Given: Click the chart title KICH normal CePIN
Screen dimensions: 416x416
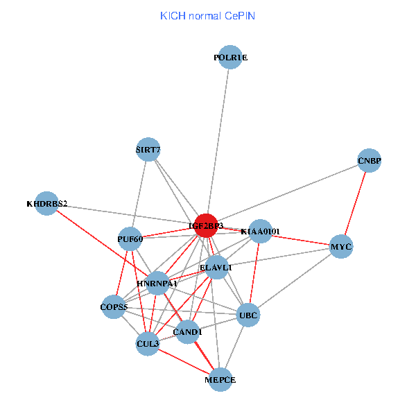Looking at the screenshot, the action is click(x=207, y=15).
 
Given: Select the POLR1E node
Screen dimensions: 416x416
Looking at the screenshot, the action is click(x=230, y=58).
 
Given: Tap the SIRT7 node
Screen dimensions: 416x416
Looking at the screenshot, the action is click(x=148, y=149).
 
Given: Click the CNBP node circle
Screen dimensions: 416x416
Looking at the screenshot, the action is click(x=370, y=161).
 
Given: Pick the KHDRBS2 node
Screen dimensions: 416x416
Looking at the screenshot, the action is click(x=46, y=203).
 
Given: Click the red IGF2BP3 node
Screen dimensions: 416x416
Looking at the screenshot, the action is click(x=206, y=225).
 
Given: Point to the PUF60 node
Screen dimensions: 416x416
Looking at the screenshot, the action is click(x=130, y=239).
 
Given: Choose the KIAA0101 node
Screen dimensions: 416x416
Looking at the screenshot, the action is click(x=260, y=231).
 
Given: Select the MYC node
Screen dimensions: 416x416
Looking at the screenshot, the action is click(x=341, y=247).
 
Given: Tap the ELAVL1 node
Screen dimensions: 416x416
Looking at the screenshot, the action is click(x=216, y=267).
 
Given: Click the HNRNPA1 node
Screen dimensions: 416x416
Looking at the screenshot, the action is click(x=157, y=283).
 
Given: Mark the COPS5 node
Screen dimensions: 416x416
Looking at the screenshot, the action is click(x=114, y=306).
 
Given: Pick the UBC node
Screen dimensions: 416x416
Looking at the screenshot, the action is click(x=248, y=315).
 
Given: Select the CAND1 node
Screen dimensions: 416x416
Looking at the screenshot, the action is click(x=187, y=331).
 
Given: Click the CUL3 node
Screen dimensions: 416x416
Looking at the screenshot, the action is click(x=148, y=343).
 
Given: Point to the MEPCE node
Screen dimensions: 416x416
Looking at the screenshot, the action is click(x=220, y=379).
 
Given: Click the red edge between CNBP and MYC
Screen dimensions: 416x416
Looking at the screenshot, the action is click(x=356, y=203).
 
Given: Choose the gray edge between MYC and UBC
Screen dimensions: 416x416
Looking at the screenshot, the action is click(x=295, y=281).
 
